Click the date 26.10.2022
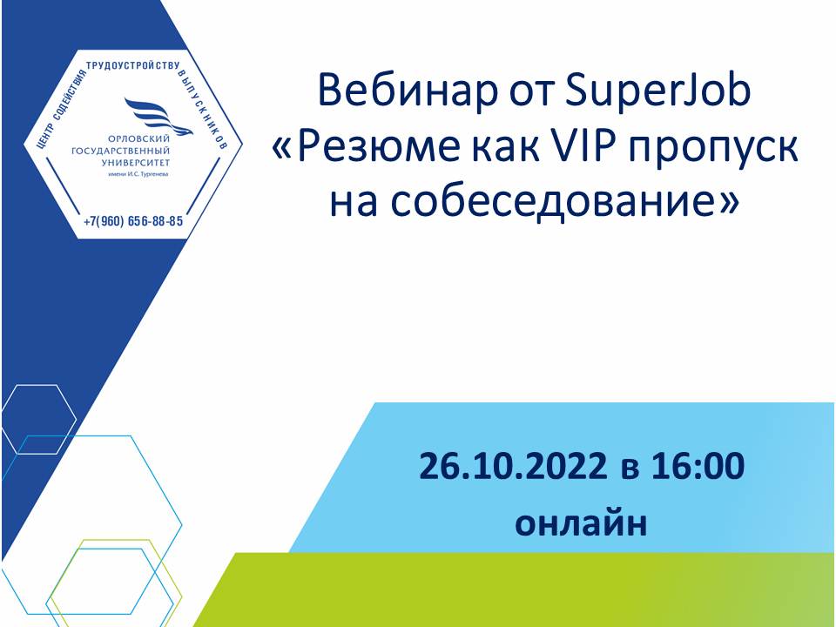[512, 466]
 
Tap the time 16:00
[698, 466]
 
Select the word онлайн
[581, 523]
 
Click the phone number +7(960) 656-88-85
[133, 220]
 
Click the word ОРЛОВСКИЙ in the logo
[131, 139]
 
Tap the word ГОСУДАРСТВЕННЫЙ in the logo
[120, 151]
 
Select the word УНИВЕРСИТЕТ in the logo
[136, 163]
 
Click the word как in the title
[504, 151]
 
